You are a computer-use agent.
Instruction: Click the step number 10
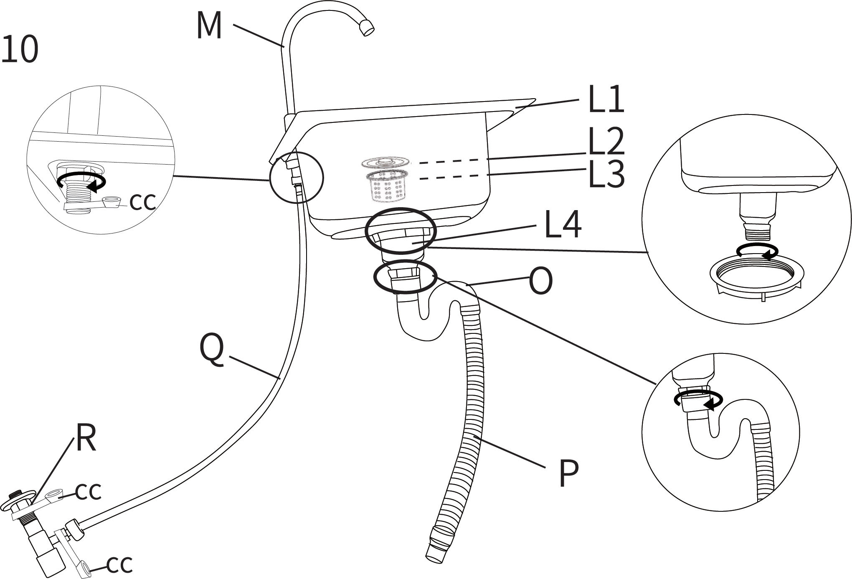tap(20, 49)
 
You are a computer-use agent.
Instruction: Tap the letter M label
tap(209, 26)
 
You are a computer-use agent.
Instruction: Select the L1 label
tap(606, 100)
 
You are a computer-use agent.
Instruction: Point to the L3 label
tap(606, 175)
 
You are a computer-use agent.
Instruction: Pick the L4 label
tap(563, 226)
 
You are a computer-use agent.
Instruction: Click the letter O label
tap(540, 282)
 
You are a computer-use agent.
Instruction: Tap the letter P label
tap(568, 474)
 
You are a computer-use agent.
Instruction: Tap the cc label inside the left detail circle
tap(142, 202)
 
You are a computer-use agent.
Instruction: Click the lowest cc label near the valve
tap(119, 565)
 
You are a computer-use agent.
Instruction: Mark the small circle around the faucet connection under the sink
tap(296, 178)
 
